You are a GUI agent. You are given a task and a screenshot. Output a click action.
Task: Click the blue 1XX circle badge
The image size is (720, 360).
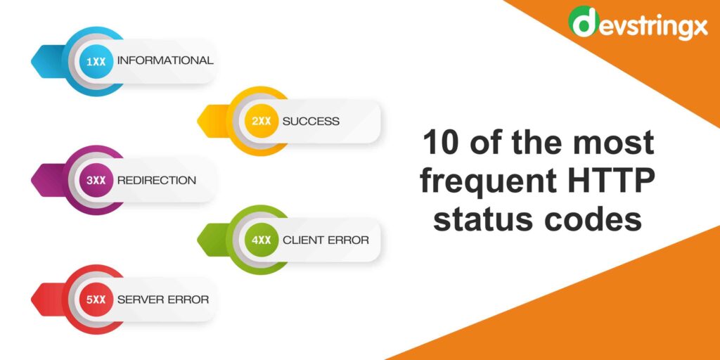[x=96, y=61]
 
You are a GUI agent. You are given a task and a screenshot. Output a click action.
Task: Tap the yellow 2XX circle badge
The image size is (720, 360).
[x=262, y=121]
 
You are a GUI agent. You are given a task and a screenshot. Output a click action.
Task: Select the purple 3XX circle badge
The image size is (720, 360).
[x=96, y=181]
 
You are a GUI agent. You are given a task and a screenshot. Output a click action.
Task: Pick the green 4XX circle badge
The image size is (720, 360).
[x=262, y=240]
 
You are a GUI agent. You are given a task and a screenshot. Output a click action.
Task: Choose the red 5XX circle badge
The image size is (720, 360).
[x=96, y=300]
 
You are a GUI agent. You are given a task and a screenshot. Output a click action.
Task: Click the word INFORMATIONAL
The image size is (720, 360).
[x=165, y=60]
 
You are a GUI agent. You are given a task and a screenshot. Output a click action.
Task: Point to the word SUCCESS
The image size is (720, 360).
[x=311, y=121]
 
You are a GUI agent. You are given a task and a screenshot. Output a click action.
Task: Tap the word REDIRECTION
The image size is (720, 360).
[x=157, y=181]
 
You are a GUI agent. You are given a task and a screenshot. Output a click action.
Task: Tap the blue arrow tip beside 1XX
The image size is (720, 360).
[x=38, y=61]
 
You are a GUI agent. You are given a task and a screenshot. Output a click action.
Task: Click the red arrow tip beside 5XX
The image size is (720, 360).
[x=38, y=300]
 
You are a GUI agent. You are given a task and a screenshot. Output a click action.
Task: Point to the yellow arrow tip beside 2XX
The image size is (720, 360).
[x=204, y=121]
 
